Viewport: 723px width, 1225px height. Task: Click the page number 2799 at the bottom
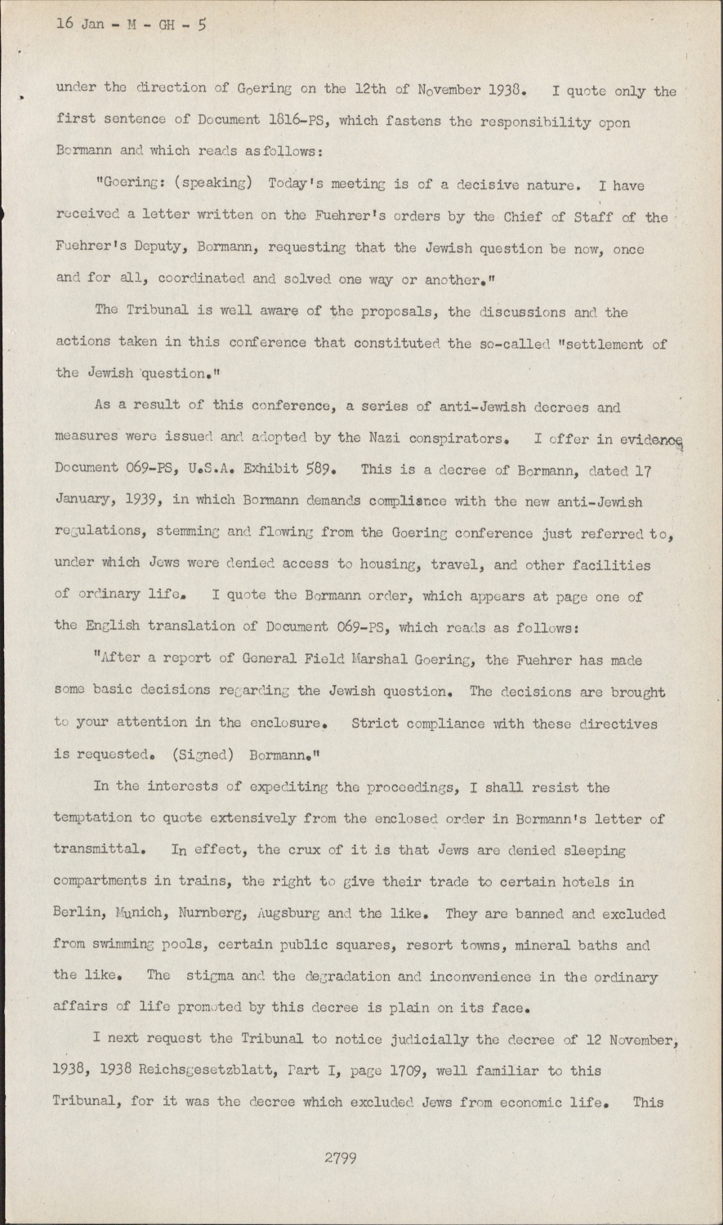340,1156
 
